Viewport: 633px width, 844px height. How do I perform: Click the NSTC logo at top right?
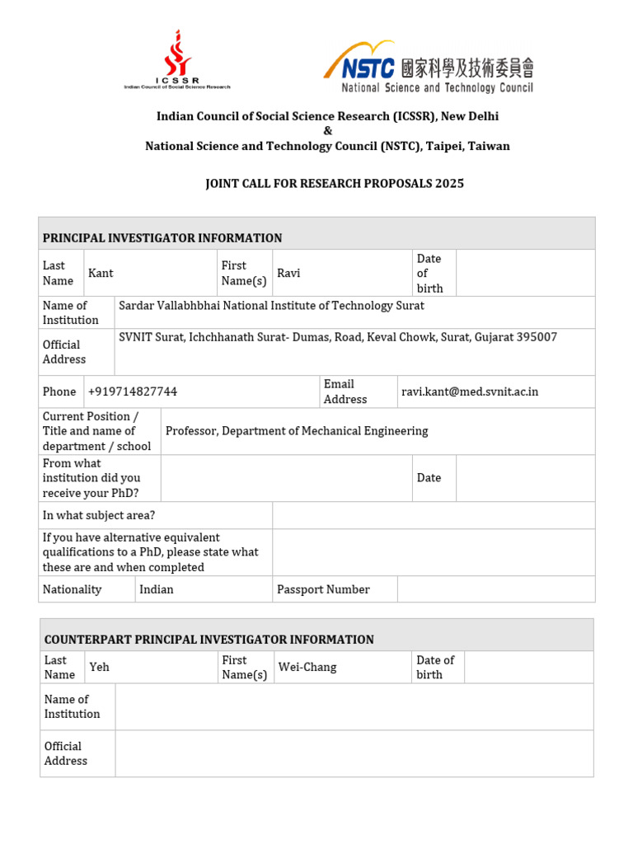[x=429, y=68]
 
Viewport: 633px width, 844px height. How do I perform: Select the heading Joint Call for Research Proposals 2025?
[x=334, y=183]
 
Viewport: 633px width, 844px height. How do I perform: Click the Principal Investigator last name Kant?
[x=101, y=273]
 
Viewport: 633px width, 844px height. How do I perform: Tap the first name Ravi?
[x=288, y=273]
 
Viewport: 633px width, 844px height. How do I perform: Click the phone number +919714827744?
[x=133, y=392]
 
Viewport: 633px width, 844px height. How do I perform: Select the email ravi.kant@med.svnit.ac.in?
[x=470, y=392]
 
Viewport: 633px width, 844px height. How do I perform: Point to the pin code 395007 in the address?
[x=537, y=337]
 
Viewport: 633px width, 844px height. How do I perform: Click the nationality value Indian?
[x=157, y=589]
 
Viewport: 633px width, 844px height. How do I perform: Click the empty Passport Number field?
[x=495, y=589]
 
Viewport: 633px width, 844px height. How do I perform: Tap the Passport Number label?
[x=323, y=589]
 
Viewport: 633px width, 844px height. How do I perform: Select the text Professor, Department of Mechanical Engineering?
[x=297, y=430]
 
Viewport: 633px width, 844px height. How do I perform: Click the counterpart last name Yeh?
[x=99, y=667]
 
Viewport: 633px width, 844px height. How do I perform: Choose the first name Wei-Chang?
[x=307, y=667]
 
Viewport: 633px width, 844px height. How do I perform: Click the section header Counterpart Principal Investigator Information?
[x=209, y=639]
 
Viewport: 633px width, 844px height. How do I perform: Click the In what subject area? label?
[x=99, y=515]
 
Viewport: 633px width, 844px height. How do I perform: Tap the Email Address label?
[x=345, y=392]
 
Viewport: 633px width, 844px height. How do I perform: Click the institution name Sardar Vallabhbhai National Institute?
[x=271, y=305]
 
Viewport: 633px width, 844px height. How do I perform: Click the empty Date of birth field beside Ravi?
[x=525, y=273]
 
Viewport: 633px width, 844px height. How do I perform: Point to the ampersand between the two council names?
[x=327, y=131]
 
